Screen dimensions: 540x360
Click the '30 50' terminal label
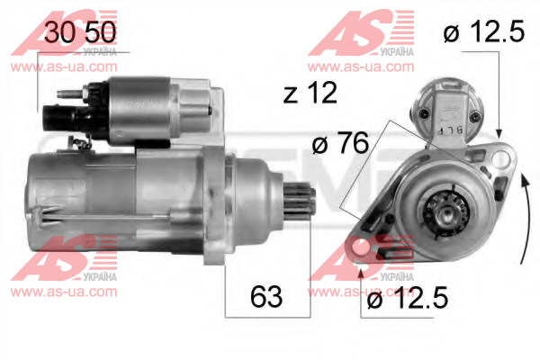80,32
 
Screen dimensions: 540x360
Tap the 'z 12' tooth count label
310,93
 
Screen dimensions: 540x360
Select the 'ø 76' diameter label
340,143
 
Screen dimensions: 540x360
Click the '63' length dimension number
266,297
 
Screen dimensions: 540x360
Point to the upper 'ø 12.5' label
484,31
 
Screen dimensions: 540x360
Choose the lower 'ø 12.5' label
408,297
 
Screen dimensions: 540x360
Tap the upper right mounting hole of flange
500,159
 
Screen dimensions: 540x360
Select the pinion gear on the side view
299,202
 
